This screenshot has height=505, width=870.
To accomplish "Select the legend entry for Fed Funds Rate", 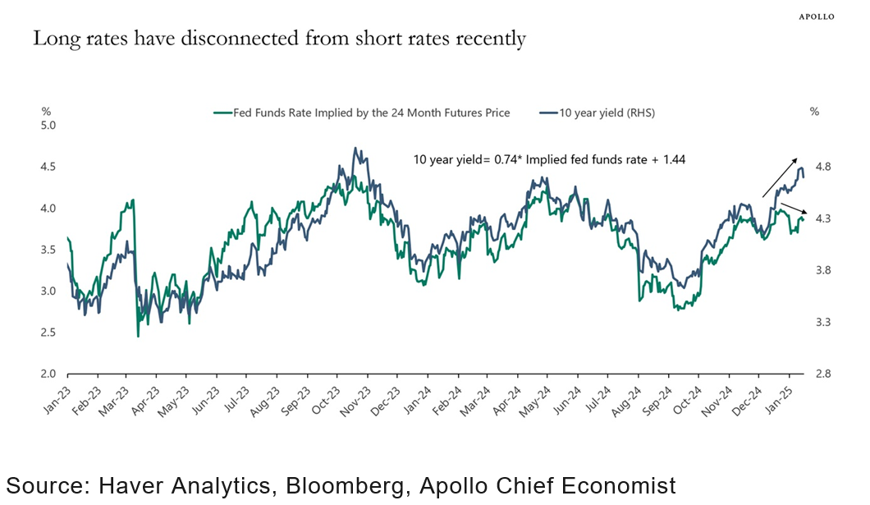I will tap(361, 113).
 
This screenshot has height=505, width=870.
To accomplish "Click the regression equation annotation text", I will tap(549, 161).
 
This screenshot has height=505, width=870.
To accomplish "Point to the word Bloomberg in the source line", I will tap(344, 484).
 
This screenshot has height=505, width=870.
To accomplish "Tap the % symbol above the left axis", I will tap(46, 111).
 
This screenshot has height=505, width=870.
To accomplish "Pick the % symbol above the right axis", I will tap(814, 111).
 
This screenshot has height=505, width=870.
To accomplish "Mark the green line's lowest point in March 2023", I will tap(138, 336).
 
